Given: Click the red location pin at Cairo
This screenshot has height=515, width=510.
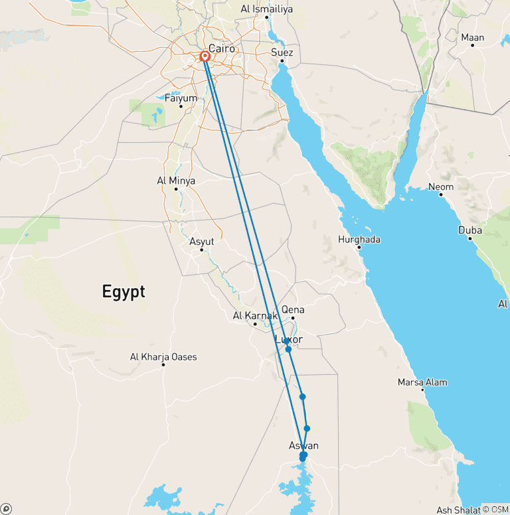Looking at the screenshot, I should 205,57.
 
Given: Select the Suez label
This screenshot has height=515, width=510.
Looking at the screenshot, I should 282,52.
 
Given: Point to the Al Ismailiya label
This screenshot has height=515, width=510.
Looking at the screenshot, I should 266,9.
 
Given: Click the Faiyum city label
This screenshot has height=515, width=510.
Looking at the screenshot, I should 181,98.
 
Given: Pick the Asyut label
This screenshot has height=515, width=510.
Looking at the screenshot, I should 202,242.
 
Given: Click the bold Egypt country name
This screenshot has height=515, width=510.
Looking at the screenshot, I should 124,291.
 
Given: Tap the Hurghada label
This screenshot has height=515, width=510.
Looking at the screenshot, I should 359,240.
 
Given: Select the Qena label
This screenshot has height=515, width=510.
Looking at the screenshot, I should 293,309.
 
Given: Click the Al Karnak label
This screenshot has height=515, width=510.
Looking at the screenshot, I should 255,316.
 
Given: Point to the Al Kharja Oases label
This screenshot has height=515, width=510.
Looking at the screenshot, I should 163,357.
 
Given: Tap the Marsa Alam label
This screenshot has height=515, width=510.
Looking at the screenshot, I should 422,382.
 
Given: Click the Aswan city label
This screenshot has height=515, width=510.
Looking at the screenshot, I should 303,445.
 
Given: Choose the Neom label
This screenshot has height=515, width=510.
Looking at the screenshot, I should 441,186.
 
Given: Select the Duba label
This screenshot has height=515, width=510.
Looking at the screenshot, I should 470,230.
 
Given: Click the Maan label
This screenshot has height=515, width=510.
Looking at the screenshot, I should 473,38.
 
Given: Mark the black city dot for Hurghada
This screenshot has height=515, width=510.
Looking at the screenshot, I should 359,248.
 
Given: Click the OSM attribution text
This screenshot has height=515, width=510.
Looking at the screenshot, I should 499,509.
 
